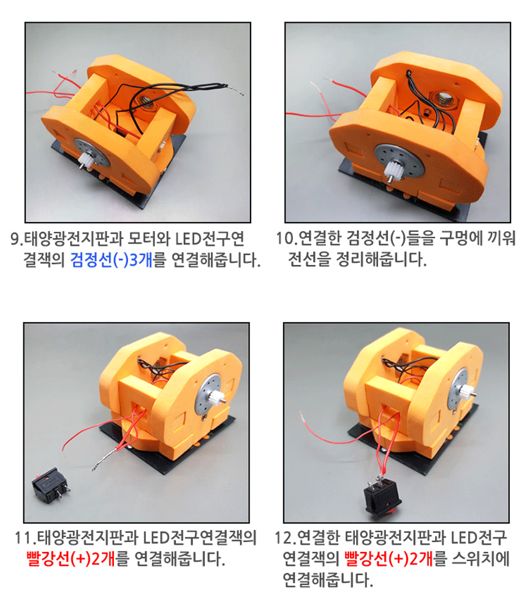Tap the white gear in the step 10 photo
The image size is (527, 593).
click(x=394, y=169)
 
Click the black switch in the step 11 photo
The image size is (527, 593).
click(x=50, y=484)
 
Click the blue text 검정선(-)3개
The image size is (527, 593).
click(x=112, y=260)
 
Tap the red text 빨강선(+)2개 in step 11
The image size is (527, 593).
click(x=70, y=558)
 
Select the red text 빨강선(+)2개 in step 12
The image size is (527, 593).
click(x=389, y=558)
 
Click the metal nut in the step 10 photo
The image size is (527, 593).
click(x=446, y=100)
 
